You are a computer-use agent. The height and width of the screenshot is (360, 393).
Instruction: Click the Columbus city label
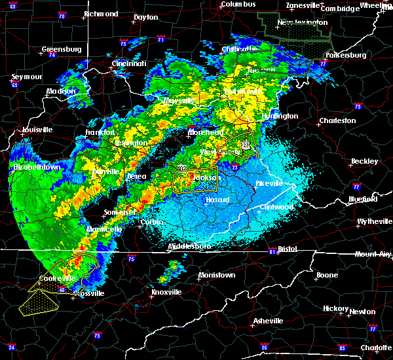(x=237, y=5)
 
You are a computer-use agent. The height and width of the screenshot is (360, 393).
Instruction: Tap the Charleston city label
(x=337, y=121)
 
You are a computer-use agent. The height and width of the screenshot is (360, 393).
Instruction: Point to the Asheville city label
(x=269, y=321)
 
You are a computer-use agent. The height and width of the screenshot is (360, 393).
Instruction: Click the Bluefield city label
(x=363, y=198)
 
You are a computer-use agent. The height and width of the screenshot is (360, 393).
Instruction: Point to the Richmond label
(x=100, y=14)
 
